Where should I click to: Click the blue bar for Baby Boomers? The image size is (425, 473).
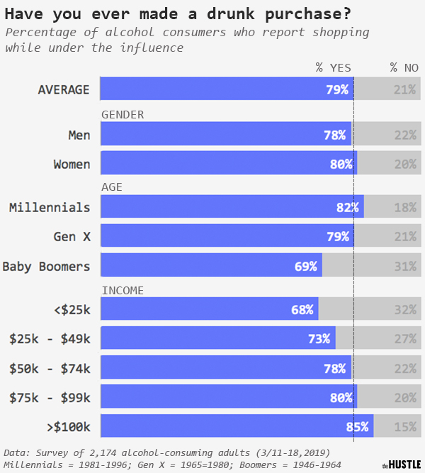(211, 266)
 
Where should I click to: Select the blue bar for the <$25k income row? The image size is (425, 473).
(209, 309)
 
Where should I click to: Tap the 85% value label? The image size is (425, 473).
(357, 426)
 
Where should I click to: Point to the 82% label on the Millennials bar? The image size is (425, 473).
(347, 207)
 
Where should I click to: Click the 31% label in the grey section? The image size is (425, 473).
(405, 266)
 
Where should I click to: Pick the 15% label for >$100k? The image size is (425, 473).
(405, 426)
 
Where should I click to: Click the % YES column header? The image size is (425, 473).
(333, 67)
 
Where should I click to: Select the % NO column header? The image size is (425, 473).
(404, 67)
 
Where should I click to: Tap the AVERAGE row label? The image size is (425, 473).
(64, 89)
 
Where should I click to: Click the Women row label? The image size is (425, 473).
(72, 164)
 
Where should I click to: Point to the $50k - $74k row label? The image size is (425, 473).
(50, 368)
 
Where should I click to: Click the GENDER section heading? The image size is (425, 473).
(123, 114)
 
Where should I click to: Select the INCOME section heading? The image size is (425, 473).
(123, 290)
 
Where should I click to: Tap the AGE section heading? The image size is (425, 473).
(112, 187)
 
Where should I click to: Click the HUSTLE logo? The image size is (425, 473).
(401, 464)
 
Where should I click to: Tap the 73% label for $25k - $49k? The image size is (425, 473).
(319, 338)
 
